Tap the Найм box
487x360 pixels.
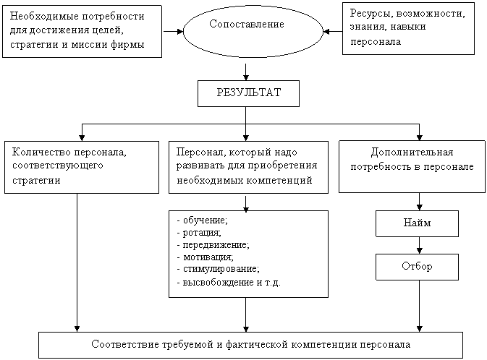417,223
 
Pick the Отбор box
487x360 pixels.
417,266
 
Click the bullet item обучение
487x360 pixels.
203,220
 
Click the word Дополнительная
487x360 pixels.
412,153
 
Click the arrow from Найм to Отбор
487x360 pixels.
418,245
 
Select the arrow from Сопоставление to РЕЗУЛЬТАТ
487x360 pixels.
247,71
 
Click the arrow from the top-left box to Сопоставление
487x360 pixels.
172,31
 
